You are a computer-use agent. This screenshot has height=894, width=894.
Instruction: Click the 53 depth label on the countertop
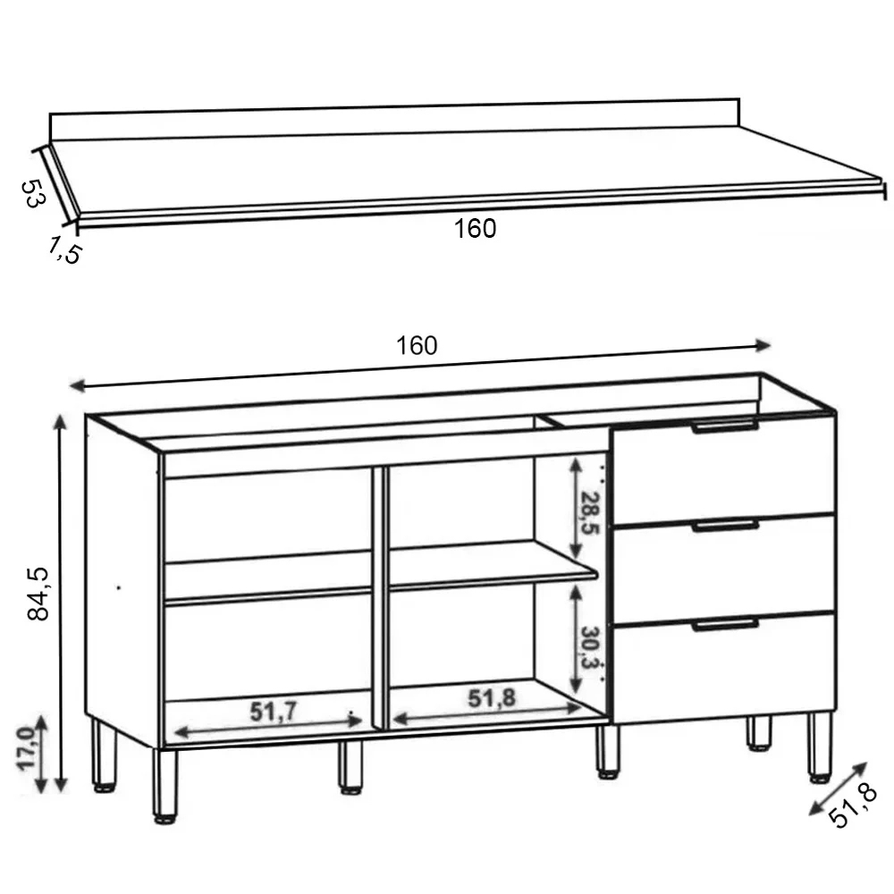point(32,193)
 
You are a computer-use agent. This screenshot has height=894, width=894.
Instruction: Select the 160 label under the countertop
point(475,229)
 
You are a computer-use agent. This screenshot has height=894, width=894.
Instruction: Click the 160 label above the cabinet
point(417,346)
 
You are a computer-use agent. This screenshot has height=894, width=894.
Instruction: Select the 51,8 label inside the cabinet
point(491,699)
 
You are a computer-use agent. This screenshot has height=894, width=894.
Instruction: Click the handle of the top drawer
point(725,427)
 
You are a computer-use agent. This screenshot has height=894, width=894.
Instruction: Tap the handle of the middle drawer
point(725,526)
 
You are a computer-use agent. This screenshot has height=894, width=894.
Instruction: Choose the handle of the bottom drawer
point(725,625)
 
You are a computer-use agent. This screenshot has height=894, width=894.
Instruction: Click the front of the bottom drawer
point(724,670)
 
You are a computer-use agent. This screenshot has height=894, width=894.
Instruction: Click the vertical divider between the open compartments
point(380,595)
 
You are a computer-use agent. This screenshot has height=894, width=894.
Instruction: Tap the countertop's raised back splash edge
point(393,123)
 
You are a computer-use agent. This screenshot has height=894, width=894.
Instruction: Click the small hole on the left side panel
point(119,587)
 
